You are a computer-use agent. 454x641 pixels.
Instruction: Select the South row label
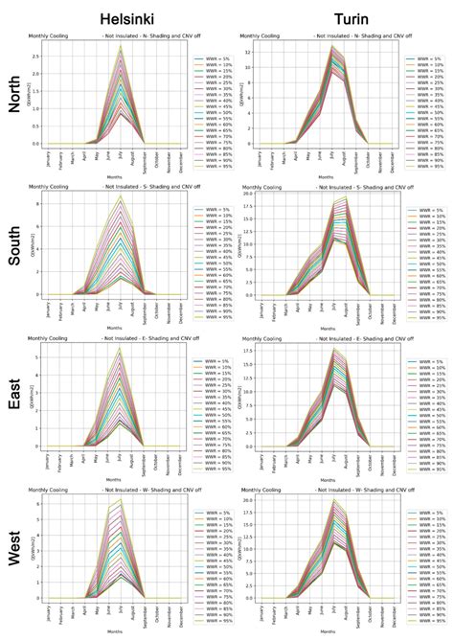[13, 246]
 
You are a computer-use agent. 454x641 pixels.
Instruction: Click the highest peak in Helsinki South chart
[121, 196]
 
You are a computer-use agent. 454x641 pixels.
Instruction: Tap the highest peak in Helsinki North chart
[121, 45]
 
